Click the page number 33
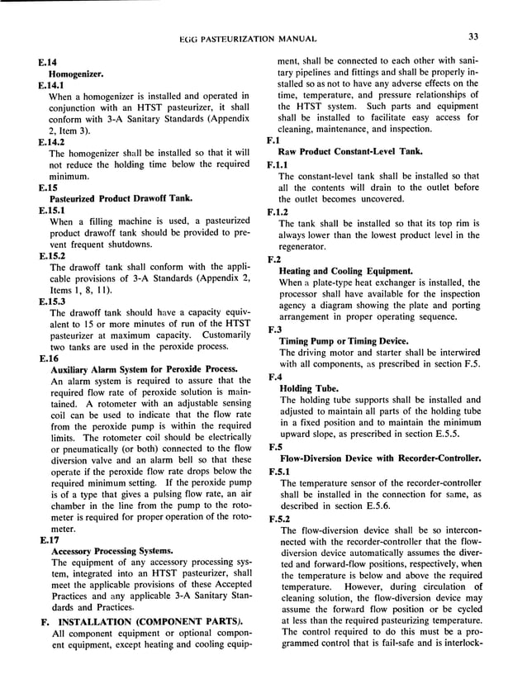pos(472,36)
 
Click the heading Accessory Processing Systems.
pos(112,551)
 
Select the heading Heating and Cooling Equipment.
pos(347,271)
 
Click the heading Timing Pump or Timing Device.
pos(344,341)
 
